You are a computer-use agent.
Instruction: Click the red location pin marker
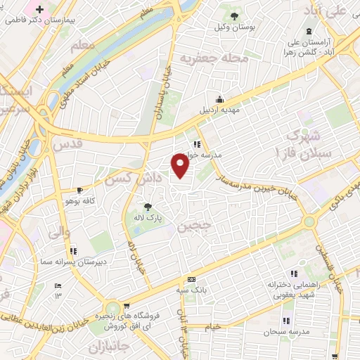point(181,165)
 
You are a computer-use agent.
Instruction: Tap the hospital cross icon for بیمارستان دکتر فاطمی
point(39,11)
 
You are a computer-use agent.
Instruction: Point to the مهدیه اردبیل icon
point(220,99)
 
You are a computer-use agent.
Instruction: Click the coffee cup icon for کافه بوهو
point(80,190)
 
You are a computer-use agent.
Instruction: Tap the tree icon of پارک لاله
point(148,207)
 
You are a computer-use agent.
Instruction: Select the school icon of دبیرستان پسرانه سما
point(72,250)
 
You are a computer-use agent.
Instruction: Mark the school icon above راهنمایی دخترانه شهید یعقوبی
point(294,274)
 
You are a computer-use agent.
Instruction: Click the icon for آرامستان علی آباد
point(309,30)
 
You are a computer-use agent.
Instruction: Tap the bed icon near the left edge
point(58,285)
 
